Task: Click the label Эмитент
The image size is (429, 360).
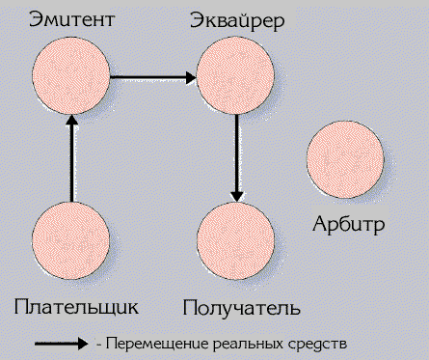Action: tap(70, 18)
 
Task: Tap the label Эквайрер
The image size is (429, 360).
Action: tap(237, 19)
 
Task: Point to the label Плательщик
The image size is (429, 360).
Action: tap(77, 307)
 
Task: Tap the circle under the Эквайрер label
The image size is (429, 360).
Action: tap(236, 75)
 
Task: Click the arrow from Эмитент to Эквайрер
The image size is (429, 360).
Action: tap(153, 75)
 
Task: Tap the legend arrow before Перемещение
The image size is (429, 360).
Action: tap(63, 343)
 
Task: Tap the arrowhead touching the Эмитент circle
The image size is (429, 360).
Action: tap(71, 122)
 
